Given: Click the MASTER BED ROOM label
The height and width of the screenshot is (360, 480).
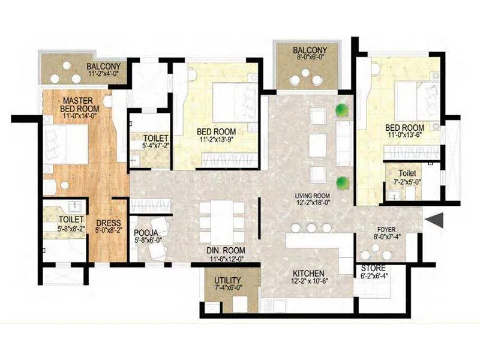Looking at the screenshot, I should click(65, 103).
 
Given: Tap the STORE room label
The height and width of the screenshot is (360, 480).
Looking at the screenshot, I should click(373, 268).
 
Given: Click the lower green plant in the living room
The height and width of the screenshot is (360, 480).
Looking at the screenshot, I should click(342, 182).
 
